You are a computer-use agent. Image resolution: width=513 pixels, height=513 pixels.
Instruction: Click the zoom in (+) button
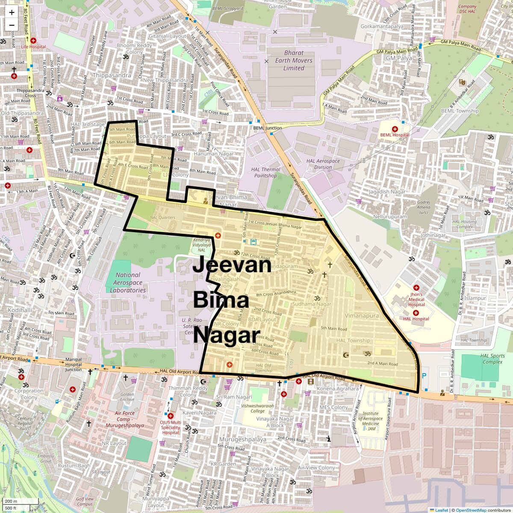pos(12,12)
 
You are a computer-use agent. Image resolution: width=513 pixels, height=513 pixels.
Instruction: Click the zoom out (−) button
pos(12,25)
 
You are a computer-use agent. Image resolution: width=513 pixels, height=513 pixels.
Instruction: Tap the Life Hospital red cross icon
pos(33,41)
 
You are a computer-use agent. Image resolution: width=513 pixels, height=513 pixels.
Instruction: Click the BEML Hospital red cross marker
pos(395,129)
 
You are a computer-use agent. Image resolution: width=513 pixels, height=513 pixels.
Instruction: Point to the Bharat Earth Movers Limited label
pos(294,60)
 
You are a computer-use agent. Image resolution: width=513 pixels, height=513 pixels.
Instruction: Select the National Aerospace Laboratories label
pos(128,283)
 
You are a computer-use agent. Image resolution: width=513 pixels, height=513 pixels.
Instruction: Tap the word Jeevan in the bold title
pos(232,265)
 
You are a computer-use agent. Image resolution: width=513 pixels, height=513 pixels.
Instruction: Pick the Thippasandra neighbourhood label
pos(112,75)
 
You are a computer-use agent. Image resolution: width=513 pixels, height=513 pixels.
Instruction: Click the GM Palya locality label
pos(399,58)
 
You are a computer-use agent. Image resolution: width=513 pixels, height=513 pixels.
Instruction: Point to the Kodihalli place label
pos(20,310)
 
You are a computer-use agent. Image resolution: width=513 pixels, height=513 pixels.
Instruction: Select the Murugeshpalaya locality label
pos(243,439)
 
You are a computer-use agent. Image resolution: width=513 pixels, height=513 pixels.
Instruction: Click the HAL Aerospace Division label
pos(323,164)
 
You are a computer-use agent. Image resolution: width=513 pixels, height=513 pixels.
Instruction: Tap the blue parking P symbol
pos(424,376)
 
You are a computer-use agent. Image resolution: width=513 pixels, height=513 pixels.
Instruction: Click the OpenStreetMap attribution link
pos(471,510)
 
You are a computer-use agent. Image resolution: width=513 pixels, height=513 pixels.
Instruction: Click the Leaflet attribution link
pos(442,510)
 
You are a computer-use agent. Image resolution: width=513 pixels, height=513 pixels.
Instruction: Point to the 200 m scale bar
pos(20,501)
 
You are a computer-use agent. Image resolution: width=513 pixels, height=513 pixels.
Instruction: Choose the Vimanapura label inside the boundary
pos(362,315)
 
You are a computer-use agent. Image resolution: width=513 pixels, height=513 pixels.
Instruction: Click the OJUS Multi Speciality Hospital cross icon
pos(171,416)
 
